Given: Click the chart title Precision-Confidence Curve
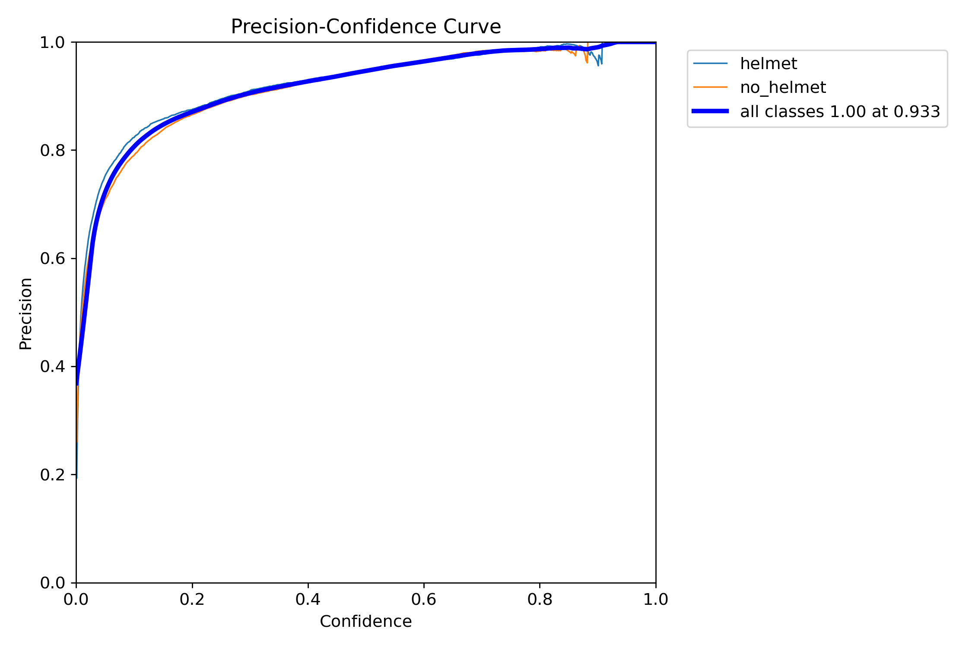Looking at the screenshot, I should (x=365, y=27).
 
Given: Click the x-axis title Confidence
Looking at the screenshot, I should (x=365, y=621).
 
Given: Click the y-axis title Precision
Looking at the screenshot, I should (x=26, y=313).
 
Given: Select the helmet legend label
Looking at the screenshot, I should (x=768, y=64).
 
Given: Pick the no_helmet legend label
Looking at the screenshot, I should (x=783, y=87).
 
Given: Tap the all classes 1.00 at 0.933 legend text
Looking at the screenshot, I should (x=840, y=111).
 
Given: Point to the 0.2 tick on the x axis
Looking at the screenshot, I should (x=192, y=599).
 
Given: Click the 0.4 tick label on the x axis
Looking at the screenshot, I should (x=308, y=599).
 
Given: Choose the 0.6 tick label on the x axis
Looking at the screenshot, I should (x=424, y=599).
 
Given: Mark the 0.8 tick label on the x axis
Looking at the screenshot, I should (x=540, y=599).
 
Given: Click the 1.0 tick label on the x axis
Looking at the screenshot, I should (x=655, y=599).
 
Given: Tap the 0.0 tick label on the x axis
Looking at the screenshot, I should (x=76, y=599).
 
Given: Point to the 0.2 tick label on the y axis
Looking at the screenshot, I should (x=52, y=475).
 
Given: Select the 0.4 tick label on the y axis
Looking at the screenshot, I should (x=52, y=367).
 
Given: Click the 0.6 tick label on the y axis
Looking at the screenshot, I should (x=52, y=258).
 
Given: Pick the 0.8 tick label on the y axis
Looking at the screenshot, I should (x=52, y=150).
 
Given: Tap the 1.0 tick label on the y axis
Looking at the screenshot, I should (x=52, y=42).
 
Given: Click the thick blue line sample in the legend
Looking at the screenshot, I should (x=710, y=111).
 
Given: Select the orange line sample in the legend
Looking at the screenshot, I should (x=710, y=87).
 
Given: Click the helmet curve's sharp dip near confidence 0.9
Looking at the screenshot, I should (x=598, y=64).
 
